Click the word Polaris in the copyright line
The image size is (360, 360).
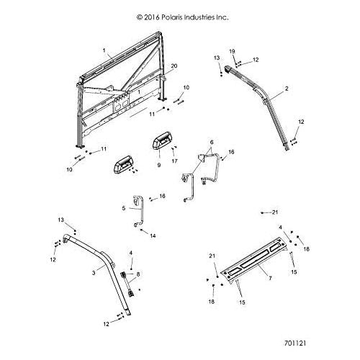tap(172, 17)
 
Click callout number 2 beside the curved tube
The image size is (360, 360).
tap(287, 89)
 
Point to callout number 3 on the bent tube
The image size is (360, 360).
tap(94, 273)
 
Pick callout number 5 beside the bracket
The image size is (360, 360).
tap(123, 208)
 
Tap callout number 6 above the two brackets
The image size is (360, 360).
tap(212, 142)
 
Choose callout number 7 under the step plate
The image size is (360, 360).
tap(270, 278)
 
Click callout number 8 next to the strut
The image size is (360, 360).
tap(138, 274)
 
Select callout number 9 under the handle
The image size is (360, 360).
tap(159, 165)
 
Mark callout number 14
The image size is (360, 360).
tap(153, 235)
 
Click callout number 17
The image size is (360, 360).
tap(174, 161)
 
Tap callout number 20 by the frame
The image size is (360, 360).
tap(174, 66)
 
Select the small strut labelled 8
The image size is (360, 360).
tap(127, 284)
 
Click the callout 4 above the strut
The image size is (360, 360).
tap(131, 253)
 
